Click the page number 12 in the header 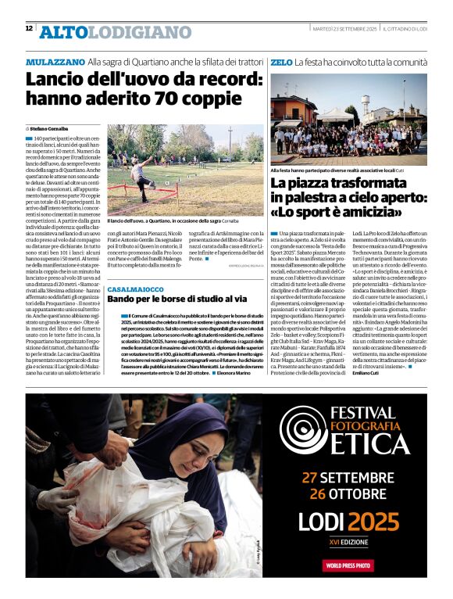coord(29,29)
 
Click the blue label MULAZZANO coord(55,61)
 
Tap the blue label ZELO coord(281,61)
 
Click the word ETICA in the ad coord(370,443)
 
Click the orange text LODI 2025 coord(348,522)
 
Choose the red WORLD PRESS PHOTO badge coord(348,565)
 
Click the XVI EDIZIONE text coord(348,541)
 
